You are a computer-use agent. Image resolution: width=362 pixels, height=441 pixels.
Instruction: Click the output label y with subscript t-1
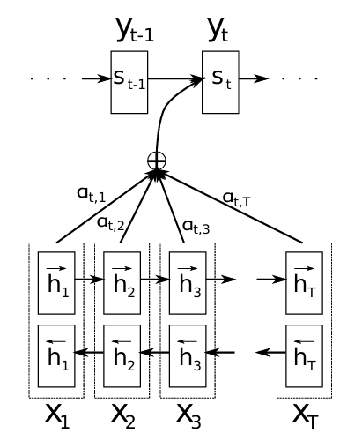tap(135, 29)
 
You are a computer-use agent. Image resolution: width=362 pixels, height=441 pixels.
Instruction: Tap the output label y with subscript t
tap(218, 29)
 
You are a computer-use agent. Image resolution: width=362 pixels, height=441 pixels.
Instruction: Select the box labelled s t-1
tap(129, 82)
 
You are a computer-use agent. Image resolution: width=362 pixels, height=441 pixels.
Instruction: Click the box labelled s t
tap(220, 82)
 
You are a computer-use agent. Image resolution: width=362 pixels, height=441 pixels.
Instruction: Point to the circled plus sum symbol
tap(157, 161)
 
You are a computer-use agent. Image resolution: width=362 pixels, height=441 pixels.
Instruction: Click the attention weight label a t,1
tap(91, 195)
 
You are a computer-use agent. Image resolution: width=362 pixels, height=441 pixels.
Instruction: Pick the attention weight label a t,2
tap(111, 224)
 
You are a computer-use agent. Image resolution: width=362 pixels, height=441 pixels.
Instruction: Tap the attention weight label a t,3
tap(196, 228)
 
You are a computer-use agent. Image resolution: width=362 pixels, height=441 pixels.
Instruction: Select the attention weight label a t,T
tap(237, 199)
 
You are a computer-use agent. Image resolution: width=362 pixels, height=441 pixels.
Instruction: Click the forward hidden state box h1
tap(56, 283)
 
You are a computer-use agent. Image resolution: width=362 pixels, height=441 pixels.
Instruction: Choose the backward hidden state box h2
tap(122, 356)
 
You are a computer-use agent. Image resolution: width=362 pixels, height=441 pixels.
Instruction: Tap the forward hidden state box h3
tap(188, 283)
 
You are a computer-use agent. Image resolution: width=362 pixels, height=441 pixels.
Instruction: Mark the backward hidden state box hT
tap(305, 356)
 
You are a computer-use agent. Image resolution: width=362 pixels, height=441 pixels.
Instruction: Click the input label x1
tap(57, 415)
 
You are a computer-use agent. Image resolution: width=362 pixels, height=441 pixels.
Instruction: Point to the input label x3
tap(188, 415)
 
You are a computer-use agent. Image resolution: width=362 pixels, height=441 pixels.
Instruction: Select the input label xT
tap(306, 415)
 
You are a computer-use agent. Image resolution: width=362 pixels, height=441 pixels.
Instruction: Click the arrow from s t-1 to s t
tap(175, 78)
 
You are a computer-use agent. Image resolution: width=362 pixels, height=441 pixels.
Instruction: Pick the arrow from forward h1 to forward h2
tap(89, 280)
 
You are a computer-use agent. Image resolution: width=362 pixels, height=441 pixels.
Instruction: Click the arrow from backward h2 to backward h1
tap(89, 352)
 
